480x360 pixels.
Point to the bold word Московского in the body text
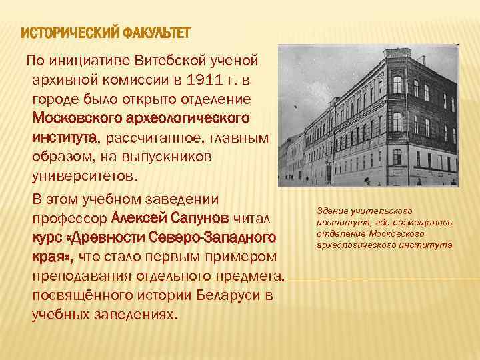81,119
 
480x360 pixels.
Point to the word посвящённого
79,295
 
